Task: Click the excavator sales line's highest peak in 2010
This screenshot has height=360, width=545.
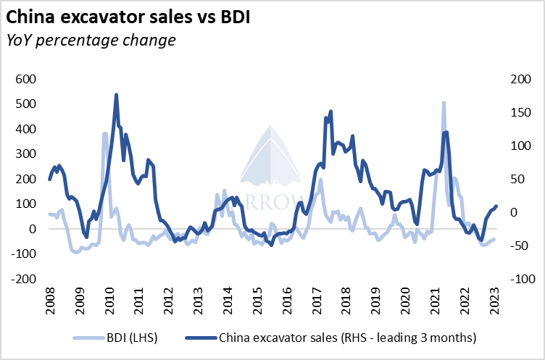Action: (116, 95)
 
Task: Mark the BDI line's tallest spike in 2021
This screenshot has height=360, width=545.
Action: (443, 103)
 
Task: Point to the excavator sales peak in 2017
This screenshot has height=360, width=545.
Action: (330, 112)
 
